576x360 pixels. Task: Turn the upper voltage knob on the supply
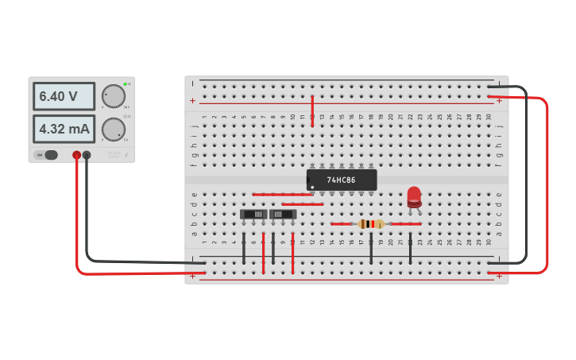[x=114, y=96]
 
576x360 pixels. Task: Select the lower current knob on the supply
[x=114, y=129]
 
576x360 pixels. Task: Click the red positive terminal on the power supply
[x=76, y=155]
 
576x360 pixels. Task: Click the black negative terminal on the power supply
[x=87, y=155]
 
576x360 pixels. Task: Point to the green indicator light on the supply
[x=125, y=83]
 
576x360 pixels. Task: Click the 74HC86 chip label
[x=342, y=180]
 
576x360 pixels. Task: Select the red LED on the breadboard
[x=414, y=196]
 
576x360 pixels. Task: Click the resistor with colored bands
[x=370, y=224]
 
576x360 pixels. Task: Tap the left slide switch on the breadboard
[x=253, y=214]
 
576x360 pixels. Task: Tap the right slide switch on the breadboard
[x=283, y=214]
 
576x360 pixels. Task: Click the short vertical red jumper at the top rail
[x=312, y=110]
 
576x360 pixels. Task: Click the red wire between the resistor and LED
[x=404, y=224]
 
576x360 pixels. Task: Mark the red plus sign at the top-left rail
[x=192, y=100]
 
